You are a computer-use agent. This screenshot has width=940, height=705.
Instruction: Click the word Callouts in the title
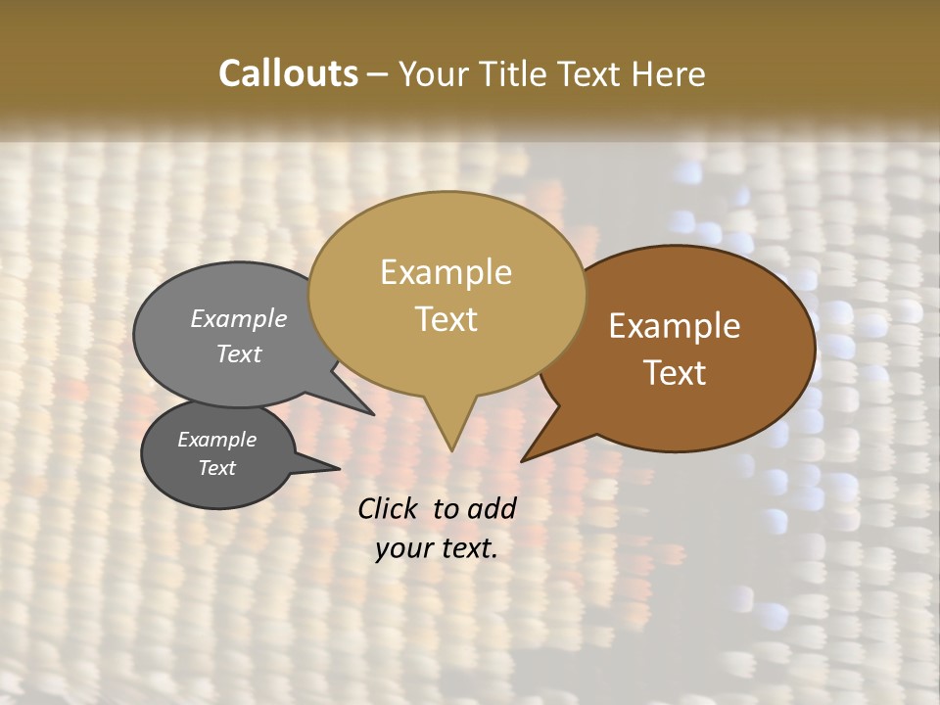click(x=288, y=73)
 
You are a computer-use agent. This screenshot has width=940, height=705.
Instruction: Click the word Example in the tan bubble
click(x=446, y=272)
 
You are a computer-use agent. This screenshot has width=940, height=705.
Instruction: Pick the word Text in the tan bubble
click(x=446, y=319)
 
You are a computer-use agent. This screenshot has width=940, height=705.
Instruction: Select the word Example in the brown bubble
click(x=675, y=326)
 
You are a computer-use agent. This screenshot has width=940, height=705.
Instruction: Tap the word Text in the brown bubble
click(x=675, y=373)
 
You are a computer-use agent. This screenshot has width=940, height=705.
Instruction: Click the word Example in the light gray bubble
click(x=238, y=318)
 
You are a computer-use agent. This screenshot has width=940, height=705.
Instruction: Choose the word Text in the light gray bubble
click(x=238, y=353)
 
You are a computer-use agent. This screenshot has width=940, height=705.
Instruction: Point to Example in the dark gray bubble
click(x=216, y=440)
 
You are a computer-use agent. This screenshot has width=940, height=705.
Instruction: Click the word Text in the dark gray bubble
click(x=216, y=468)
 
